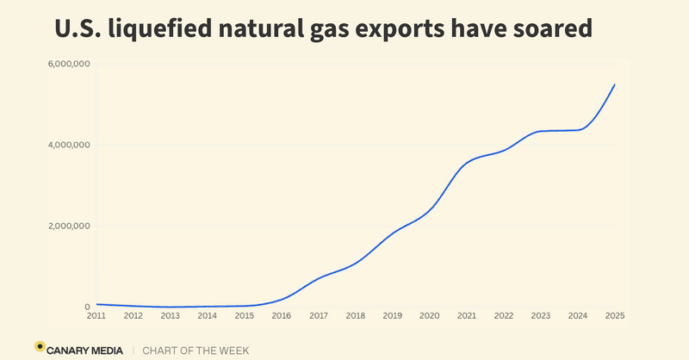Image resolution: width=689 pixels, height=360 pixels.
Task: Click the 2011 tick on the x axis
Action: click(96, 316)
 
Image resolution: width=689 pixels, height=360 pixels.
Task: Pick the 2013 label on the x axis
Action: click(171, 316)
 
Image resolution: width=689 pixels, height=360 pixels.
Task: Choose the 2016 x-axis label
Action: click(282, 316)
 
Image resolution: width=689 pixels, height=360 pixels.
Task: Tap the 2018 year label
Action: click(356, 316)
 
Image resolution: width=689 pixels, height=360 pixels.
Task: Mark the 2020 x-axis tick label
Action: click(430, 316)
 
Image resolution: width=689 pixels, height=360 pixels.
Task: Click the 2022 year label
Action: click(504, 316)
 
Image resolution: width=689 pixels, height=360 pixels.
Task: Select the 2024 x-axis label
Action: click(578, 316)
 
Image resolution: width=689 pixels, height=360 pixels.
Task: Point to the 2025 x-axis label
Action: click(614, 316)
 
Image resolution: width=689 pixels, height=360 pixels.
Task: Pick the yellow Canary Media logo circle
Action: click(40, 346)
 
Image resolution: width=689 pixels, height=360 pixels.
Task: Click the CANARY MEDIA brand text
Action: click(86, 350)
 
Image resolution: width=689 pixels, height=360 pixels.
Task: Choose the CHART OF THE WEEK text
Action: click(195, 350)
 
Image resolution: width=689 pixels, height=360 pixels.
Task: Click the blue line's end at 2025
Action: click(614, 84)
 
